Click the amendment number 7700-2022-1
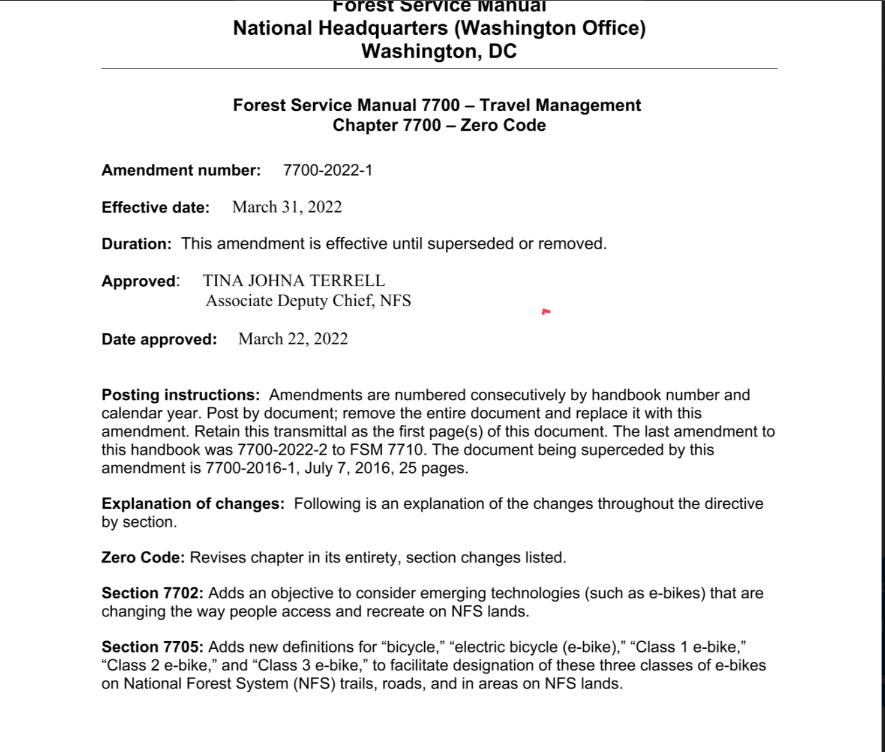click(x=328, y=170)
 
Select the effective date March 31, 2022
click(x=287, y=207)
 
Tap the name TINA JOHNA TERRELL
click(x=294, y=281)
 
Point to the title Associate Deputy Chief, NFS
click(x=308, y=301)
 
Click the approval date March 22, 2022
click(x=293, y=339)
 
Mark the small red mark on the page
click(x=545, y=311)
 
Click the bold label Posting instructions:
click(x=181, y=395)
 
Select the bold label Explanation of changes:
click(x=193, y=504)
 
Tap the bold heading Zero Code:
click(x=143, y=558)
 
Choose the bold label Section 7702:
click(x=152, y=593)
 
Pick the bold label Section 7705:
click(x=152, y=647)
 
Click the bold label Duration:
click(x=136, y=244)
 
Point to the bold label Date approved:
click(x=159, y=340)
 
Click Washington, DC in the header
click(x=439, y=52)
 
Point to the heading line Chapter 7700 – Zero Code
click(x=439, y=125)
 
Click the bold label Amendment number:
click(x=181, y=170)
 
